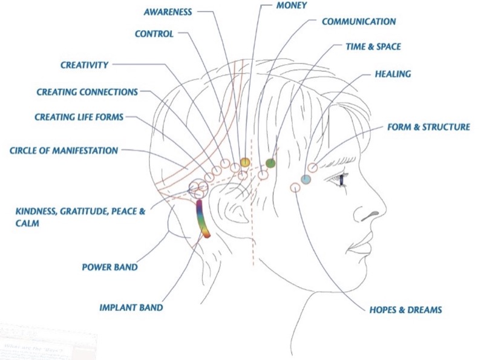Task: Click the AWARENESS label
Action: coord(168,12)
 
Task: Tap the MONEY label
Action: coord(292,5)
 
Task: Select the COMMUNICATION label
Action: coord(359,22)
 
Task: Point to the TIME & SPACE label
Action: coord(373,47)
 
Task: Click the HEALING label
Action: coord(393,74)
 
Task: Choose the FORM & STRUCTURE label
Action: coord(429,127)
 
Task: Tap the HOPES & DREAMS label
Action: coord(405,310)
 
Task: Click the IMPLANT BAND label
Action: coord(131,307)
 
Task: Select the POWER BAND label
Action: coord(110,267)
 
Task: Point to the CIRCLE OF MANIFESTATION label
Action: coord(64,151)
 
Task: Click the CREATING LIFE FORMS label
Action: coord(79,117)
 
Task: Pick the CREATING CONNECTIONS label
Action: coord(87,92)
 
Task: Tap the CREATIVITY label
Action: coord(84,65)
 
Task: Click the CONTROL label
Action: coord(154,34)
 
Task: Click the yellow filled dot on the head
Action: coord(245,162)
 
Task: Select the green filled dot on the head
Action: coord(270,163)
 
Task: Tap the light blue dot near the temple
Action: coord(306,179)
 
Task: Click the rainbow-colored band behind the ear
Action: coord(202,218)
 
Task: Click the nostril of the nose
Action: coord(370,216)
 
